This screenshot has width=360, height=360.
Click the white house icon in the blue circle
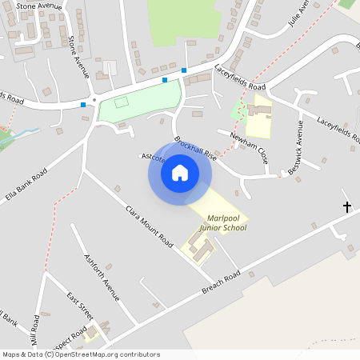pos(180,173)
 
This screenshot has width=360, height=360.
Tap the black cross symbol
pos(347,207)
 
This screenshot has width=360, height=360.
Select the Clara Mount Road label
pos(149,225)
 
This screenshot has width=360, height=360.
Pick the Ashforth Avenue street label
pos(101,277)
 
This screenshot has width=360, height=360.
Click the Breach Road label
pos(221,282)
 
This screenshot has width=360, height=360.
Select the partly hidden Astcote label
pos(153,158)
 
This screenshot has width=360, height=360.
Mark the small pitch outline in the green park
pos(122,102)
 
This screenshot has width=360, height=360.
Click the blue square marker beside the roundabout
pos(83,104)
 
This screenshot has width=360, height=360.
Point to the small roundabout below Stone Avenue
pos(94,99)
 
